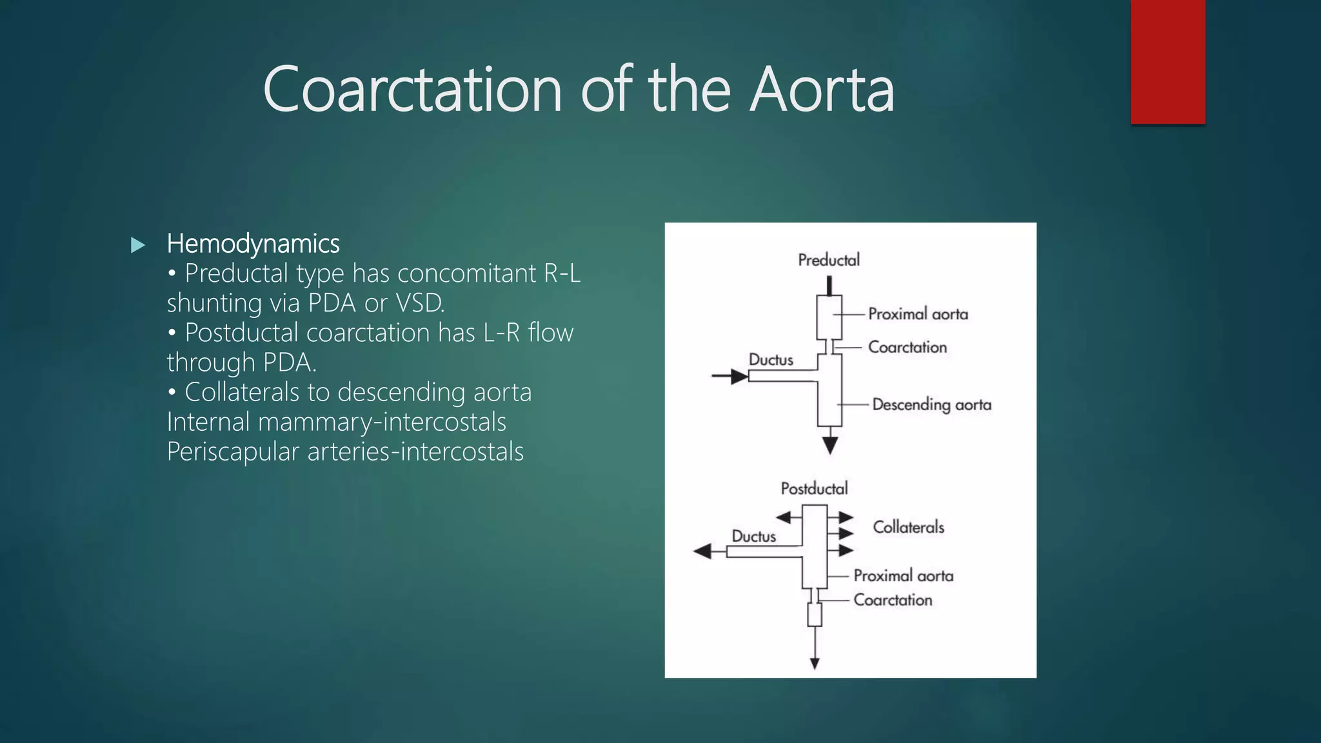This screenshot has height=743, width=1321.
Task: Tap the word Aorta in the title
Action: (x=822, y=90)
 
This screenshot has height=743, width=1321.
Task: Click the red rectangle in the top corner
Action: (x=1167, y=61)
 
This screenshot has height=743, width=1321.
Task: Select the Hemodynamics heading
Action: (x=253, y=244)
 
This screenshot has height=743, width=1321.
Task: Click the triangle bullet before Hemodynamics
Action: (x=137, y=245)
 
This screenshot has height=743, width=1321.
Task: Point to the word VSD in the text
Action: (x=419, y=303)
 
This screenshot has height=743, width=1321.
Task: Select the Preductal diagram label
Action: (x=829, y=260)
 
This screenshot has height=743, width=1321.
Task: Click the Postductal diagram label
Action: (x=814, y=488)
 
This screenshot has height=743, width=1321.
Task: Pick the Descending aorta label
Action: (x=931, y=404)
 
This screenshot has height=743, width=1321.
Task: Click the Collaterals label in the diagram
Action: (x=908, y=527)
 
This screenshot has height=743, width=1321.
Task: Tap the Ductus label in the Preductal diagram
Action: (x=771, y=359)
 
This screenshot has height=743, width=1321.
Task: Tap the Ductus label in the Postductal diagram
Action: (x=753, y=536)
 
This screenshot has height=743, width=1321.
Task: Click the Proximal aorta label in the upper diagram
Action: (x=918, y=314)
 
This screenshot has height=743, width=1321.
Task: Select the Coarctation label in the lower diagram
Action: (x=893, y=600)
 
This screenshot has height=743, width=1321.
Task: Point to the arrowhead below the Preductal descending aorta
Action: (x=830, y=445)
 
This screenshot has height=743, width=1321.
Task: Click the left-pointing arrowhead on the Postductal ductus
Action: (x=702, y=551)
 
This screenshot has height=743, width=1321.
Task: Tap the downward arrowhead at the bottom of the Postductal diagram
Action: (x=815, y=663)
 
